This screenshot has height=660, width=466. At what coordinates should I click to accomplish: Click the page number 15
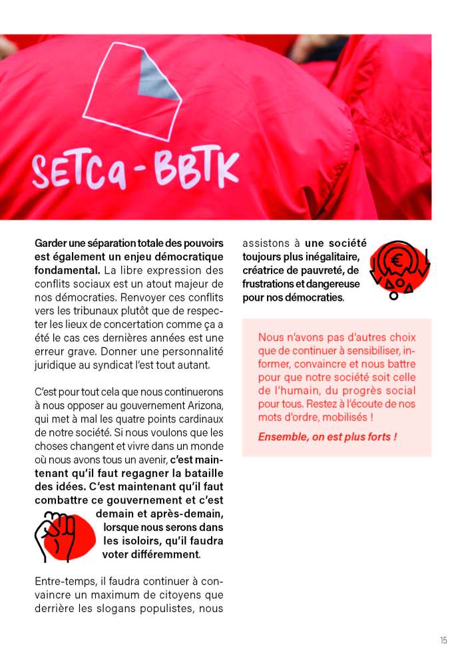click(x=443, y=640)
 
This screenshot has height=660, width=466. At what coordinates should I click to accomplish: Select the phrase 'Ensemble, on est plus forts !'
click(x=328, y=437)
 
